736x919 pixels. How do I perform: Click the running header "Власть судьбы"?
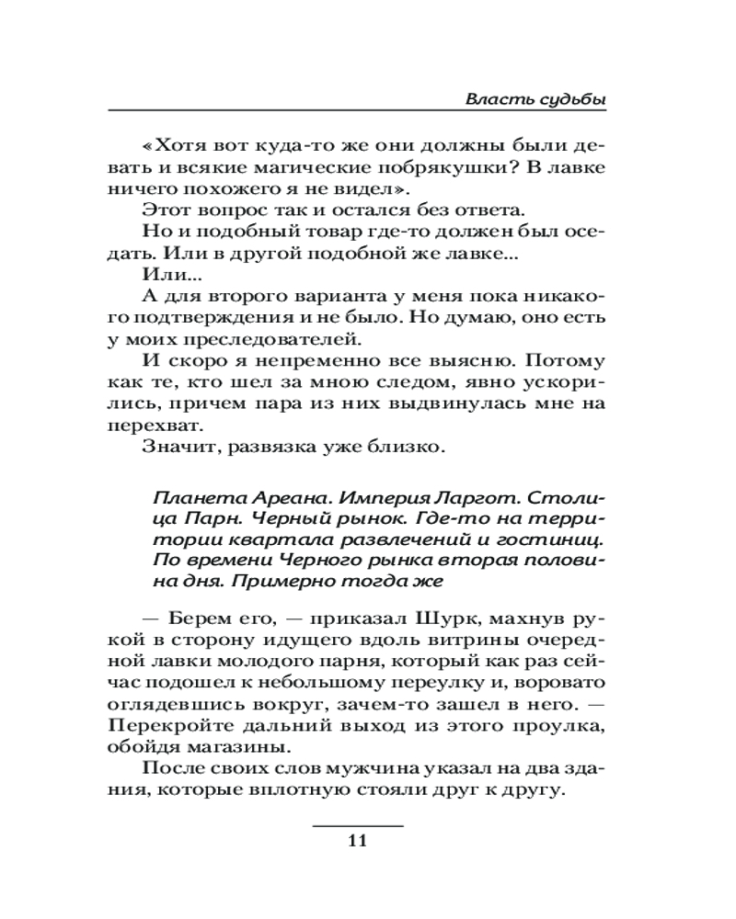click(536, 98)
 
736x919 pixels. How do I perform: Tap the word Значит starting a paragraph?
click(179, 447)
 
